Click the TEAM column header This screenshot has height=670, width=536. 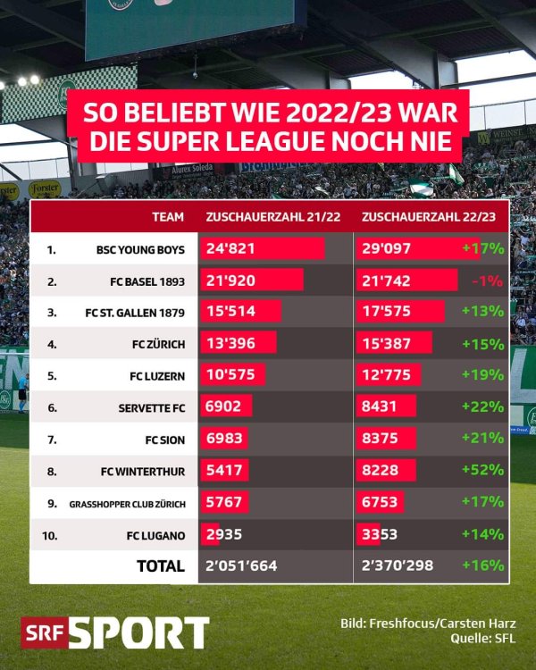tap(168, 216)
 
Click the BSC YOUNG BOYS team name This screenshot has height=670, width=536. tap(140, 249)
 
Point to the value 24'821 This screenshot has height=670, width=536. tap(230, 248)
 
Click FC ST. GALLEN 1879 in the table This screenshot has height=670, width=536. tap(135, 313)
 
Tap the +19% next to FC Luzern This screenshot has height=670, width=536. tap(483, 375)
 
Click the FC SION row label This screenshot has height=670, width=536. tap(164, 440)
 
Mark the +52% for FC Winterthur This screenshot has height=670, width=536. tap(483, 471)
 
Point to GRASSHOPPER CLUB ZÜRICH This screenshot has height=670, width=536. tap(127, 504)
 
